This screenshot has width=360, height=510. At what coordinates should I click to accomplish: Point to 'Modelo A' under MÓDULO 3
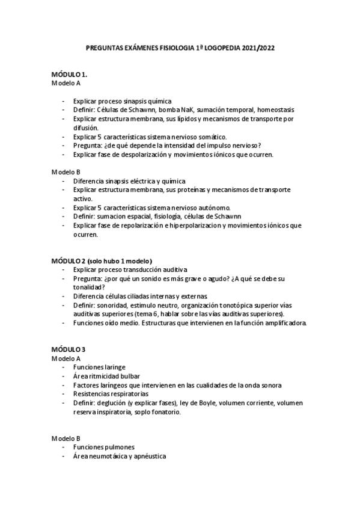click(66, 358)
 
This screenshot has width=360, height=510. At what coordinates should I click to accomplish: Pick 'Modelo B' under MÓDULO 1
click(66, 172)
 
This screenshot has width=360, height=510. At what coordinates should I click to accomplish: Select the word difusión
click(85, 128)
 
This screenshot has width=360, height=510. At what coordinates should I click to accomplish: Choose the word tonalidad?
click(91, 287)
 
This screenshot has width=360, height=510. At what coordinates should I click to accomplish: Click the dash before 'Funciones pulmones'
click(64, 447)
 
